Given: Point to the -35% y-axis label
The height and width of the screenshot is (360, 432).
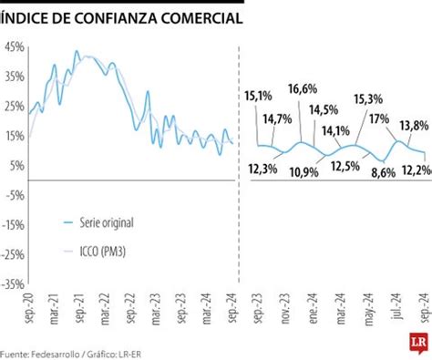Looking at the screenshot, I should tap(13, 283).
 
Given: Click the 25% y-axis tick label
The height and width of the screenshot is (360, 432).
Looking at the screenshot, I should tap(13, 106).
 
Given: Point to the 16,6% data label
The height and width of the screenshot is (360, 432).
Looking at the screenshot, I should tap(301, 88).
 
